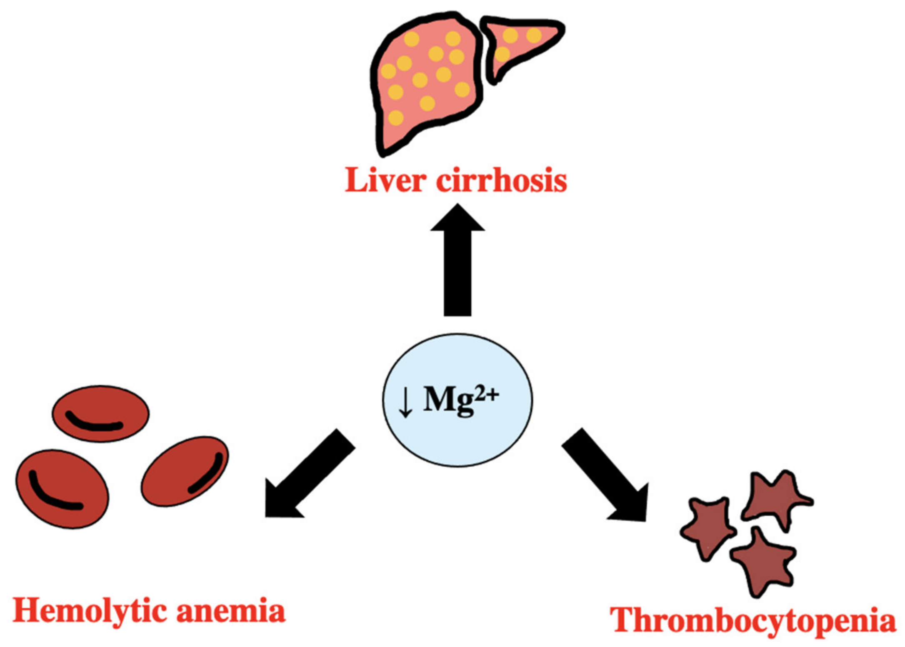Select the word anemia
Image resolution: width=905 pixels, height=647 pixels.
[231, 611]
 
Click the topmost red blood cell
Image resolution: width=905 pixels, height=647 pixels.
[100, 413]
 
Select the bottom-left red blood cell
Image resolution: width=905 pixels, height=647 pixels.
[62, 489]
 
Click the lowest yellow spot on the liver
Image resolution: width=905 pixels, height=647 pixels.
[395, 118]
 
